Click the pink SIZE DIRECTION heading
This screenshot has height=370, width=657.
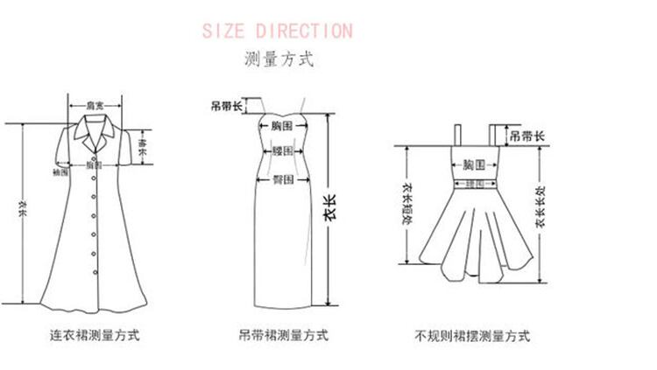277,31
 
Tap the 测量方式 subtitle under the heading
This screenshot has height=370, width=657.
278,60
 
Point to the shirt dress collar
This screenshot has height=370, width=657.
94,131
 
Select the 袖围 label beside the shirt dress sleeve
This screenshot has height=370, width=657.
60,173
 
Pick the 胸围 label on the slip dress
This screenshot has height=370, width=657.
282,127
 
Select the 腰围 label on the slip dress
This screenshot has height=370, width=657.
282,151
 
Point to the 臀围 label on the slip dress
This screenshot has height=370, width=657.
282,178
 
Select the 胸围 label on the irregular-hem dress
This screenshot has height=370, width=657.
474,164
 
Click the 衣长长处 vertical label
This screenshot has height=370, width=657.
540,206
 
